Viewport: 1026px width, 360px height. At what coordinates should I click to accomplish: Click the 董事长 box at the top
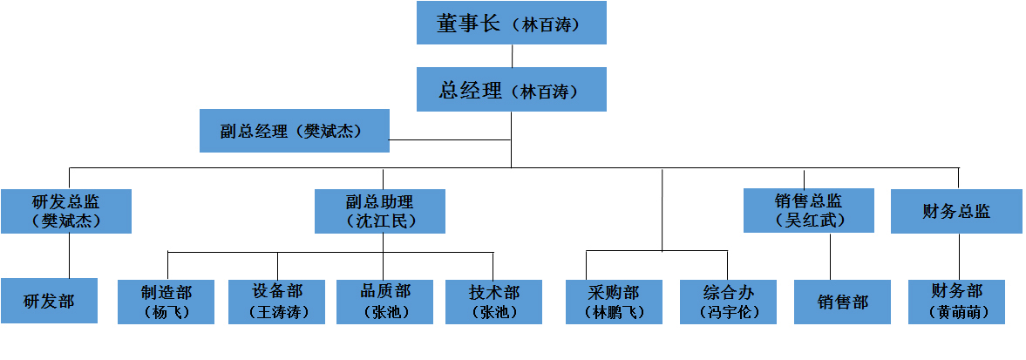[511, 24]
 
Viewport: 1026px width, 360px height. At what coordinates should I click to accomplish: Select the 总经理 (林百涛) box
[511, 90]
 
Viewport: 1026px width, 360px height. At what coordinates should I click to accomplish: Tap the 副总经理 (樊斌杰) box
[294, 131]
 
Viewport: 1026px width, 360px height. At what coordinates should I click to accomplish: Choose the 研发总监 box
[66, 211]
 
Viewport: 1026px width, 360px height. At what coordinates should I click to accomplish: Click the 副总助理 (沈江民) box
[380, 211]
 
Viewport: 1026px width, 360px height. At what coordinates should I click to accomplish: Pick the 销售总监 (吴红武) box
[808, 211]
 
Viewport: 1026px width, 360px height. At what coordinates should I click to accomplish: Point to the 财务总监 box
[956, 211]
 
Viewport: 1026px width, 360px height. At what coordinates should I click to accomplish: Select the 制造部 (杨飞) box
[166, 302]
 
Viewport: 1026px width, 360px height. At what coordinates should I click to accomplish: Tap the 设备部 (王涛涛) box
[276, 302]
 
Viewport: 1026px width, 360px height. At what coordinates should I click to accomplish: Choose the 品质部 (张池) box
[384, 302]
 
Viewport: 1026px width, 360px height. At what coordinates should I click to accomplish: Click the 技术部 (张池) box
[493, 302]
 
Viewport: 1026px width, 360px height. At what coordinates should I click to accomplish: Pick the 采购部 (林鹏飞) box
[613, 302]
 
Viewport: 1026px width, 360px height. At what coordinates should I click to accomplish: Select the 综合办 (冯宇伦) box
[727, 302]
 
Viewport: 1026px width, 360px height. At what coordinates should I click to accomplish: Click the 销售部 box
[842, 302]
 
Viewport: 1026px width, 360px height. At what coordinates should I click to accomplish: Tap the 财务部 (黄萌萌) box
[956, 302]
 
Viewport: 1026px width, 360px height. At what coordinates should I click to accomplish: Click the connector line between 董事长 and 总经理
[512, 56]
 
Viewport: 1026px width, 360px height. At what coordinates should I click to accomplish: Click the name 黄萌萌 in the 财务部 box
[956, 312]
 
